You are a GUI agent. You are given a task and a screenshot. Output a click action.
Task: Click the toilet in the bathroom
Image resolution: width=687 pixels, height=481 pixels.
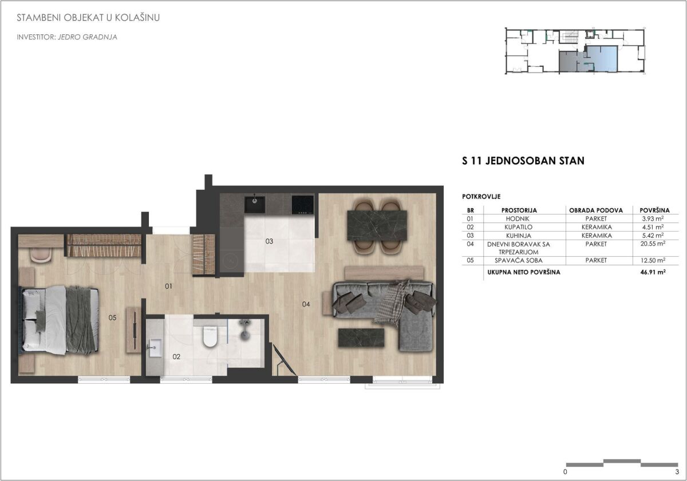click(210, 336)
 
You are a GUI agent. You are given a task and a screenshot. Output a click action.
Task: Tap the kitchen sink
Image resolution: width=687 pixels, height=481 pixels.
click(255, 205)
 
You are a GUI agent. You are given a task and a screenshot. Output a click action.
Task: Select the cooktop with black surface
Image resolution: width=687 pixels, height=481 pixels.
click(303, 205)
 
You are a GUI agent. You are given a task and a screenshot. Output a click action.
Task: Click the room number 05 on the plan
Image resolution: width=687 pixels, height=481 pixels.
click(112, 317)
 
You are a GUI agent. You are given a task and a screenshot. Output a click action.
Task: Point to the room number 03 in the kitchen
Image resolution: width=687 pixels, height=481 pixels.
click(269, 241)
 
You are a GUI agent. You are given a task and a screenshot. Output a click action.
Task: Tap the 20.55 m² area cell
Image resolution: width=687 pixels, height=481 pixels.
click(653, 244)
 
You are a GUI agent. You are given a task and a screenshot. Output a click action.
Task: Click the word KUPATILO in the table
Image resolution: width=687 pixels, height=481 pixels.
click(518, 227)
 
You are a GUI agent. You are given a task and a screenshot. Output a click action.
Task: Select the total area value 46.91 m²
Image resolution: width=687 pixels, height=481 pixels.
click(653, 272)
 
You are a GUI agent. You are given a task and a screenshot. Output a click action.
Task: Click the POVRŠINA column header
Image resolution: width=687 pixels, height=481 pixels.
click(654, 210)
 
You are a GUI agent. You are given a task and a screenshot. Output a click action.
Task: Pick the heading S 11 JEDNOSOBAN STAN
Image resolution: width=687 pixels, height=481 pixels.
click(523, 161)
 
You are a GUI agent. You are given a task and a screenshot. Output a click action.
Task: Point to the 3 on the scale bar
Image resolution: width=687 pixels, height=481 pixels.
click(677, 472)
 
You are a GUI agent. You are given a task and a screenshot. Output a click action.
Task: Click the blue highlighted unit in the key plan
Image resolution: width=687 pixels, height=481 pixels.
click(602, 59)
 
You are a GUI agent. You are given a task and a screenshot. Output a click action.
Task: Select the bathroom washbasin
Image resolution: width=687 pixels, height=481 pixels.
click(154, 348)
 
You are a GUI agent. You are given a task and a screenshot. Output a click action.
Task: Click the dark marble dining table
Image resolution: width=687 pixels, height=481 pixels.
click(377, 225)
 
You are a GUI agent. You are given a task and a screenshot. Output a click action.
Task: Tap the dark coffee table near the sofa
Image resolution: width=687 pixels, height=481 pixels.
click(361, 337)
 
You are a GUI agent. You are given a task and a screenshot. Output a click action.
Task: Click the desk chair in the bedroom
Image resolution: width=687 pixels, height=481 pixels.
click(41, 255)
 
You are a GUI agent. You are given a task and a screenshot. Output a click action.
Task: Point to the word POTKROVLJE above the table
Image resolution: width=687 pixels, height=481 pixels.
click(481, 197)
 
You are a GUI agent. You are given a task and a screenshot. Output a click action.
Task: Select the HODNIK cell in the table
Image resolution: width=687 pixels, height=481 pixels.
click(518, 218)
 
